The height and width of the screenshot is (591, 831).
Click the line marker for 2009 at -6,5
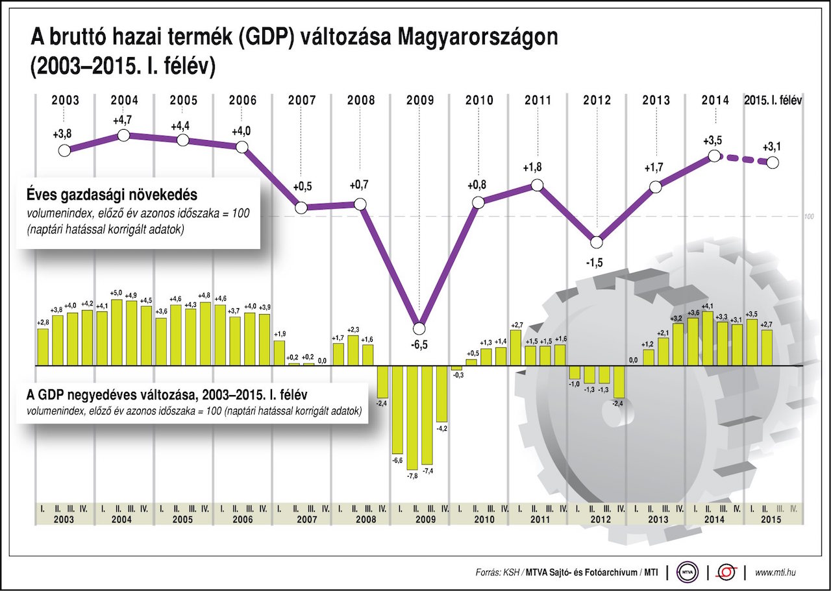[419, 328]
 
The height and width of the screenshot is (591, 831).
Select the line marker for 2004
[124, 135]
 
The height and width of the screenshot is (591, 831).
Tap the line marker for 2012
[597, 242]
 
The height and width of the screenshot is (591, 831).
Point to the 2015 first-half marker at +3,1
[773, 163]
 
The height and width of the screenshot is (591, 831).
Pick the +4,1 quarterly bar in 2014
[707, 338]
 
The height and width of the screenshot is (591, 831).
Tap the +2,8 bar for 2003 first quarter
[43, 346]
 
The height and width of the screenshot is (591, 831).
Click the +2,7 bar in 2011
[516, 347]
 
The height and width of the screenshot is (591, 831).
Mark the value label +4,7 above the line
[123, 120]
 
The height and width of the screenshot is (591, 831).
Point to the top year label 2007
[301, 101]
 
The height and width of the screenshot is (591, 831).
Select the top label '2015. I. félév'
[773, 101]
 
